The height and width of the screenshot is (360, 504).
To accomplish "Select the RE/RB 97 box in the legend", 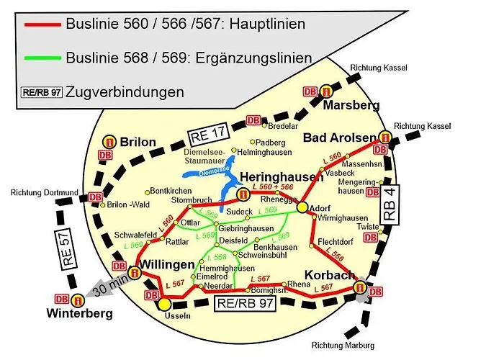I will (x=42, y=91).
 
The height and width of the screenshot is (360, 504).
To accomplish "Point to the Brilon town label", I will (x=138, y=142).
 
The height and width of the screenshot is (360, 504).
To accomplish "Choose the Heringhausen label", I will (x=280, y=177).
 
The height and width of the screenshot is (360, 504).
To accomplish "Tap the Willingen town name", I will (x=169, y=265).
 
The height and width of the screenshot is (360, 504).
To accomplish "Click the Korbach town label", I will (x=328, y=275).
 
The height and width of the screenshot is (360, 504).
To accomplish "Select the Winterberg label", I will (x=79, y=313).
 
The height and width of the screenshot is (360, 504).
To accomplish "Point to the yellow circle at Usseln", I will (x=165, y=303).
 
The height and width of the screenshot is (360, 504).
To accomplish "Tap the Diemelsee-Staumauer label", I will (x=205, y=157).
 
